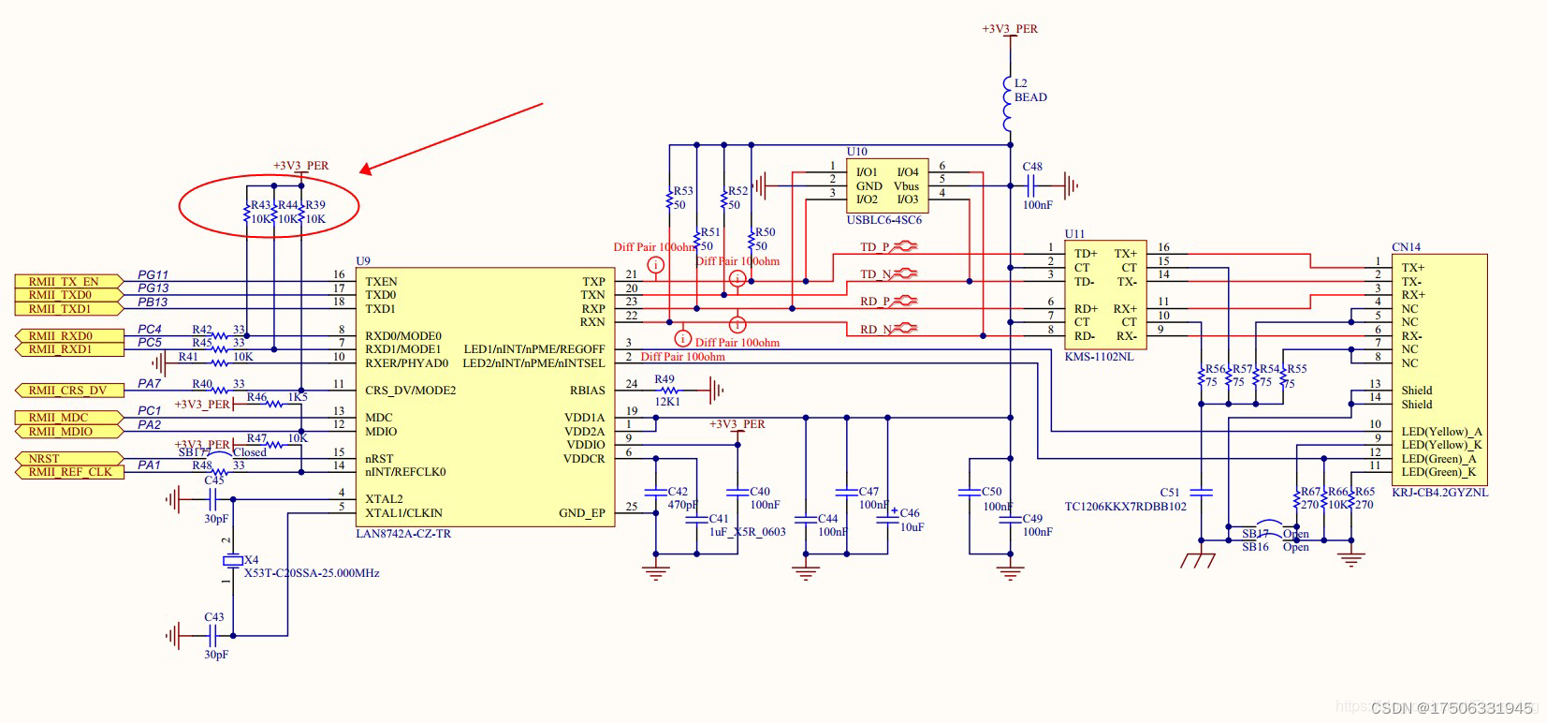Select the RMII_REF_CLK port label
click(70, 472)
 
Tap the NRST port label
click(44, 459)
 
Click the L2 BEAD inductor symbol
click(1008, 103)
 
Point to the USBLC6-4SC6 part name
click(883, 220)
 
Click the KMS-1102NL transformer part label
click(1099, 357)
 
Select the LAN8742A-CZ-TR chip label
click(403, 534)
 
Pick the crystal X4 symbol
click(232, 560)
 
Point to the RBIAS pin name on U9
click(587, 391)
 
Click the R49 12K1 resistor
click(666, 391)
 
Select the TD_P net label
click(875, 247)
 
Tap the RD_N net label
click(875, 330)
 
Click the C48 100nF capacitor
click(1031, 185)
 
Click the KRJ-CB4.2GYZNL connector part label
click(1439, 493)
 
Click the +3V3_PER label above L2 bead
click(1009, 29)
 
